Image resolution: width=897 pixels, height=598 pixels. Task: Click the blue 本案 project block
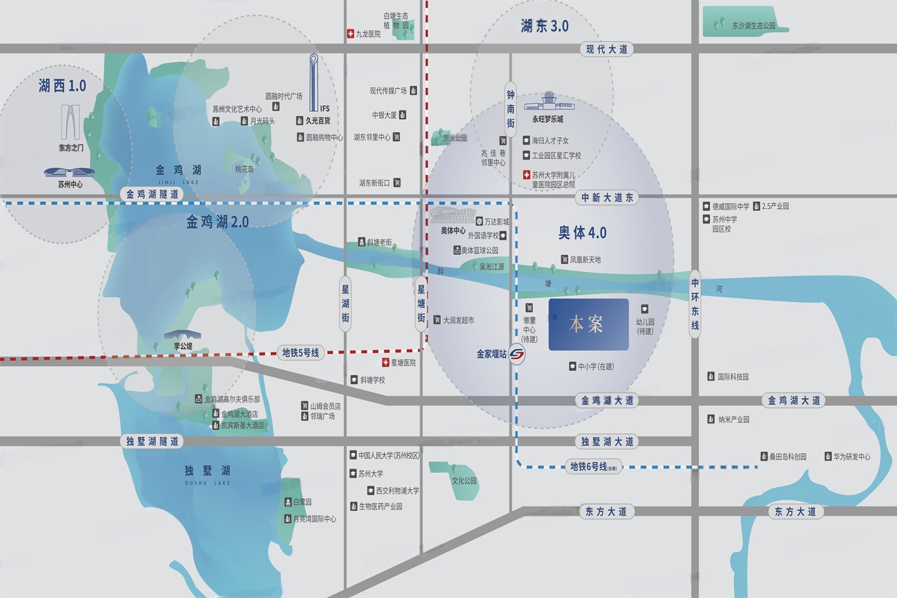tap(588, 324)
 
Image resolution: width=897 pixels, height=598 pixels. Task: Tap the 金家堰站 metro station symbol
tap(517, 354)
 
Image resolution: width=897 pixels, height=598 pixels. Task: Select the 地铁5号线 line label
tap(300, 353)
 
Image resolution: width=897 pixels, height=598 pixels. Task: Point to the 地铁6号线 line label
tap(593, 467)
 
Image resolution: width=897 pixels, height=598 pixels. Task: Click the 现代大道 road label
tap(606, 49)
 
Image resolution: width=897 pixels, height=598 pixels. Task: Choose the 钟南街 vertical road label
tap(511, 109)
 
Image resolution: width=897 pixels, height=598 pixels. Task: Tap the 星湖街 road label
tap(345, 304)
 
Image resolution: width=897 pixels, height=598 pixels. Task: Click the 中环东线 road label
tap(695, 304)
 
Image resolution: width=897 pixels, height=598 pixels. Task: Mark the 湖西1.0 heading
tap(62, 85)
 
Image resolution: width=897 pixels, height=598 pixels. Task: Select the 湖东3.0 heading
tap(545, 26)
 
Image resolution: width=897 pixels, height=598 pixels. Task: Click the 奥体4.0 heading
tap(582, 233)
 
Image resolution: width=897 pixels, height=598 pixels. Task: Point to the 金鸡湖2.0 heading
tap(217, 222)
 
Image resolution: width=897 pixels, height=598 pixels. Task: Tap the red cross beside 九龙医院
tap(350, 33)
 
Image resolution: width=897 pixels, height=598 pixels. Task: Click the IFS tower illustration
tap(313, 83)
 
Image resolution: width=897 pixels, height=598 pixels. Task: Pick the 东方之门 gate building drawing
tap(70, 122)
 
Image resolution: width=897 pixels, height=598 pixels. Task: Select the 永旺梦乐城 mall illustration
tap(548, 103)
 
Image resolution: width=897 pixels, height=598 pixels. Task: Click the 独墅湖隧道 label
tap(152, 441)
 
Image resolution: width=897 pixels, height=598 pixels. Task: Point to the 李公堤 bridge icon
tap(182, 335)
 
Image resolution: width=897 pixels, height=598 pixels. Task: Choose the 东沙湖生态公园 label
tap(753, 26)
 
